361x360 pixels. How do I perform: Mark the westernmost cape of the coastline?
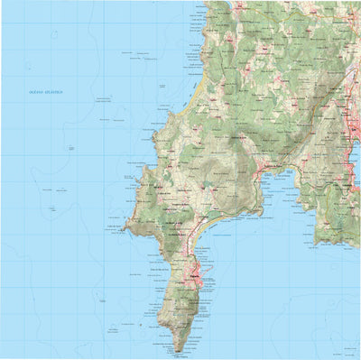point(124,229)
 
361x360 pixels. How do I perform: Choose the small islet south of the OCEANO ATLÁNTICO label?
point(69,148)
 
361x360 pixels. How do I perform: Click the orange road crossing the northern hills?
point(271,81)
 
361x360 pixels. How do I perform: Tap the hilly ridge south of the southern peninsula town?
point(185,311)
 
